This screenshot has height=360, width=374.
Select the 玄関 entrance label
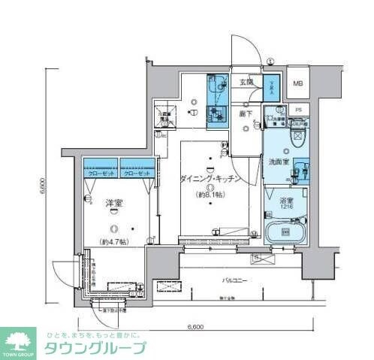[246, 81]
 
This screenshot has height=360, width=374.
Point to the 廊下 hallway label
[246, 113]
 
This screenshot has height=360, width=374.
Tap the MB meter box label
[298, 83]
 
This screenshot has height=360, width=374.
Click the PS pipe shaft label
[298, 110]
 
